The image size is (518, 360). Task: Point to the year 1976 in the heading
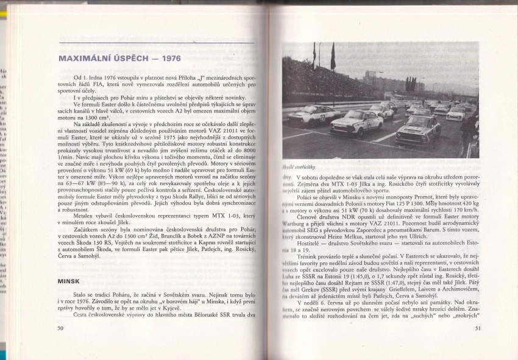(167, 58)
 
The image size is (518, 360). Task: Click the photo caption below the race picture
(298, 166)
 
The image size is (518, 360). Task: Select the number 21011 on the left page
(210, 132)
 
